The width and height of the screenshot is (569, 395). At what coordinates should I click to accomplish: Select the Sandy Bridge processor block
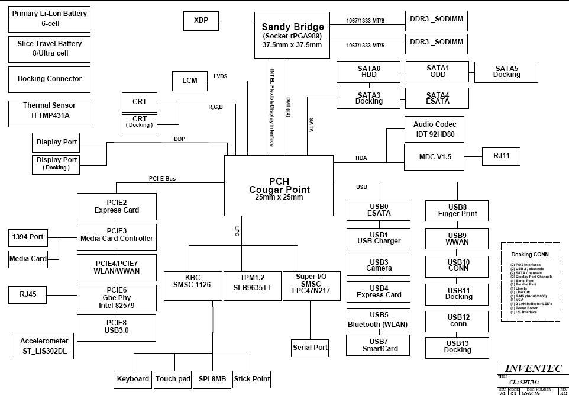[x=292, y=36]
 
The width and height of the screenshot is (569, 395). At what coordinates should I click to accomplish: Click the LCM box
[x=189, y=81]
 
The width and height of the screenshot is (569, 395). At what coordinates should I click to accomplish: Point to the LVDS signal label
[x=220, y=76]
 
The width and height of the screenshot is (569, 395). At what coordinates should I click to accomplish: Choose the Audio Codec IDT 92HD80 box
[x=434, y=130]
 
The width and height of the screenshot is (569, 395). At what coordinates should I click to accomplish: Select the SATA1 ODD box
[x=437, y=72]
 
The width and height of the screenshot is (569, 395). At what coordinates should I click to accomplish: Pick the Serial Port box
[x=310, y=348]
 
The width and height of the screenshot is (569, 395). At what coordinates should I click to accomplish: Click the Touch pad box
[x=173, y=379]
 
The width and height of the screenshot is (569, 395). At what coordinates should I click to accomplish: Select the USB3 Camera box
[x=378, y=265]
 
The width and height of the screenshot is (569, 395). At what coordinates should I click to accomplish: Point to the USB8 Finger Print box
[x=457, y=210]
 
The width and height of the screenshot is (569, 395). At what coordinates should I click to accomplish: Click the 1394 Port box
[x=28, y=237]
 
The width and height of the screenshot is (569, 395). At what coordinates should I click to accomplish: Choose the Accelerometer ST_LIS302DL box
[x=44, y=346]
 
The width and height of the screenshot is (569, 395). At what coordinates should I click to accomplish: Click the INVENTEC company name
[x=532, y=368]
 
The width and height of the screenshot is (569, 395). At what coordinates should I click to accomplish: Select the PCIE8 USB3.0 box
[x=117, y=327]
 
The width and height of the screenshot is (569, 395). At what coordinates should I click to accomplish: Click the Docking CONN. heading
[x=530, y=255]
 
